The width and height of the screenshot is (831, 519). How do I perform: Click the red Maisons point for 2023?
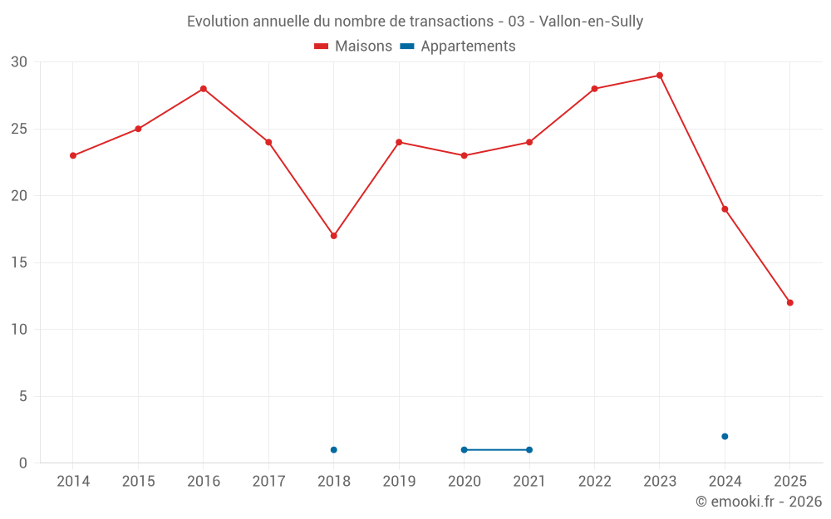point(660,76)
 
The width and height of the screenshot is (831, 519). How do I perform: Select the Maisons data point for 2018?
point(334,236)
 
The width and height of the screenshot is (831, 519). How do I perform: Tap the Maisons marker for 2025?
point(790,302)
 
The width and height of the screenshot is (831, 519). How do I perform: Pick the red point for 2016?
point(204,89)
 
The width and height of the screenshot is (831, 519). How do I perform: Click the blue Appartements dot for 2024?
point(725,436)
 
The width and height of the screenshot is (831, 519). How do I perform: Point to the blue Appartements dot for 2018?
point(334,450)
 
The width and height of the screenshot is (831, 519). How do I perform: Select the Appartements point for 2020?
point(465,450)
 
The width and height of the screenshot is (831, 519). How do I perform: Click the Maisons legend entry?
point(353,47)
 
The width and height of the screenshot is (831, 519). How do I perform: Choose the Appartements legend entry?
point(458,47)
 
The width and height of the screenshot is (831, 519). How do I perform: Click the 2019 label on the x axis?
point(399,482)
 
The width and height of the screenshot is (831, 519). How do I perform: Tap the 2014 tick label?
point(73,482)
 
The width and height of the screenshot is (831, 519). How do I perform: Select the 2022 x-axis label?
point(594,482)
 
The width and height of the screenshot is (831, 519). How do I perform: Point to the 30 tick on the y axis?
point(19,62)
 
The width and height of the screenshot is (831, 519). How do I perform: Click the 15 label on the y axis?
point(19,263)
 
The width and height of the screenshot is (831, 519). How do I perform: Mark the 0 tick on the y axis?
point(23,463)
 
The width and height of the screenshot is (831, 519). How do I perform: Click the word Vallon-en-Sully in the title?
point(591,22)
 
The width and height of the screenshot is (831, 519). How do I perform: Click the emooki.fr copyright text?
point(758,502)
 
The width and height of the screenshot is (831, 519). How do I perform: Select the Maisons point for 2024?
point(725,209)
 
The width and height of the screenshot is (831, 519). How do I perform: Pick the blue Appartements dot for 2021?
point(529,450)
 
